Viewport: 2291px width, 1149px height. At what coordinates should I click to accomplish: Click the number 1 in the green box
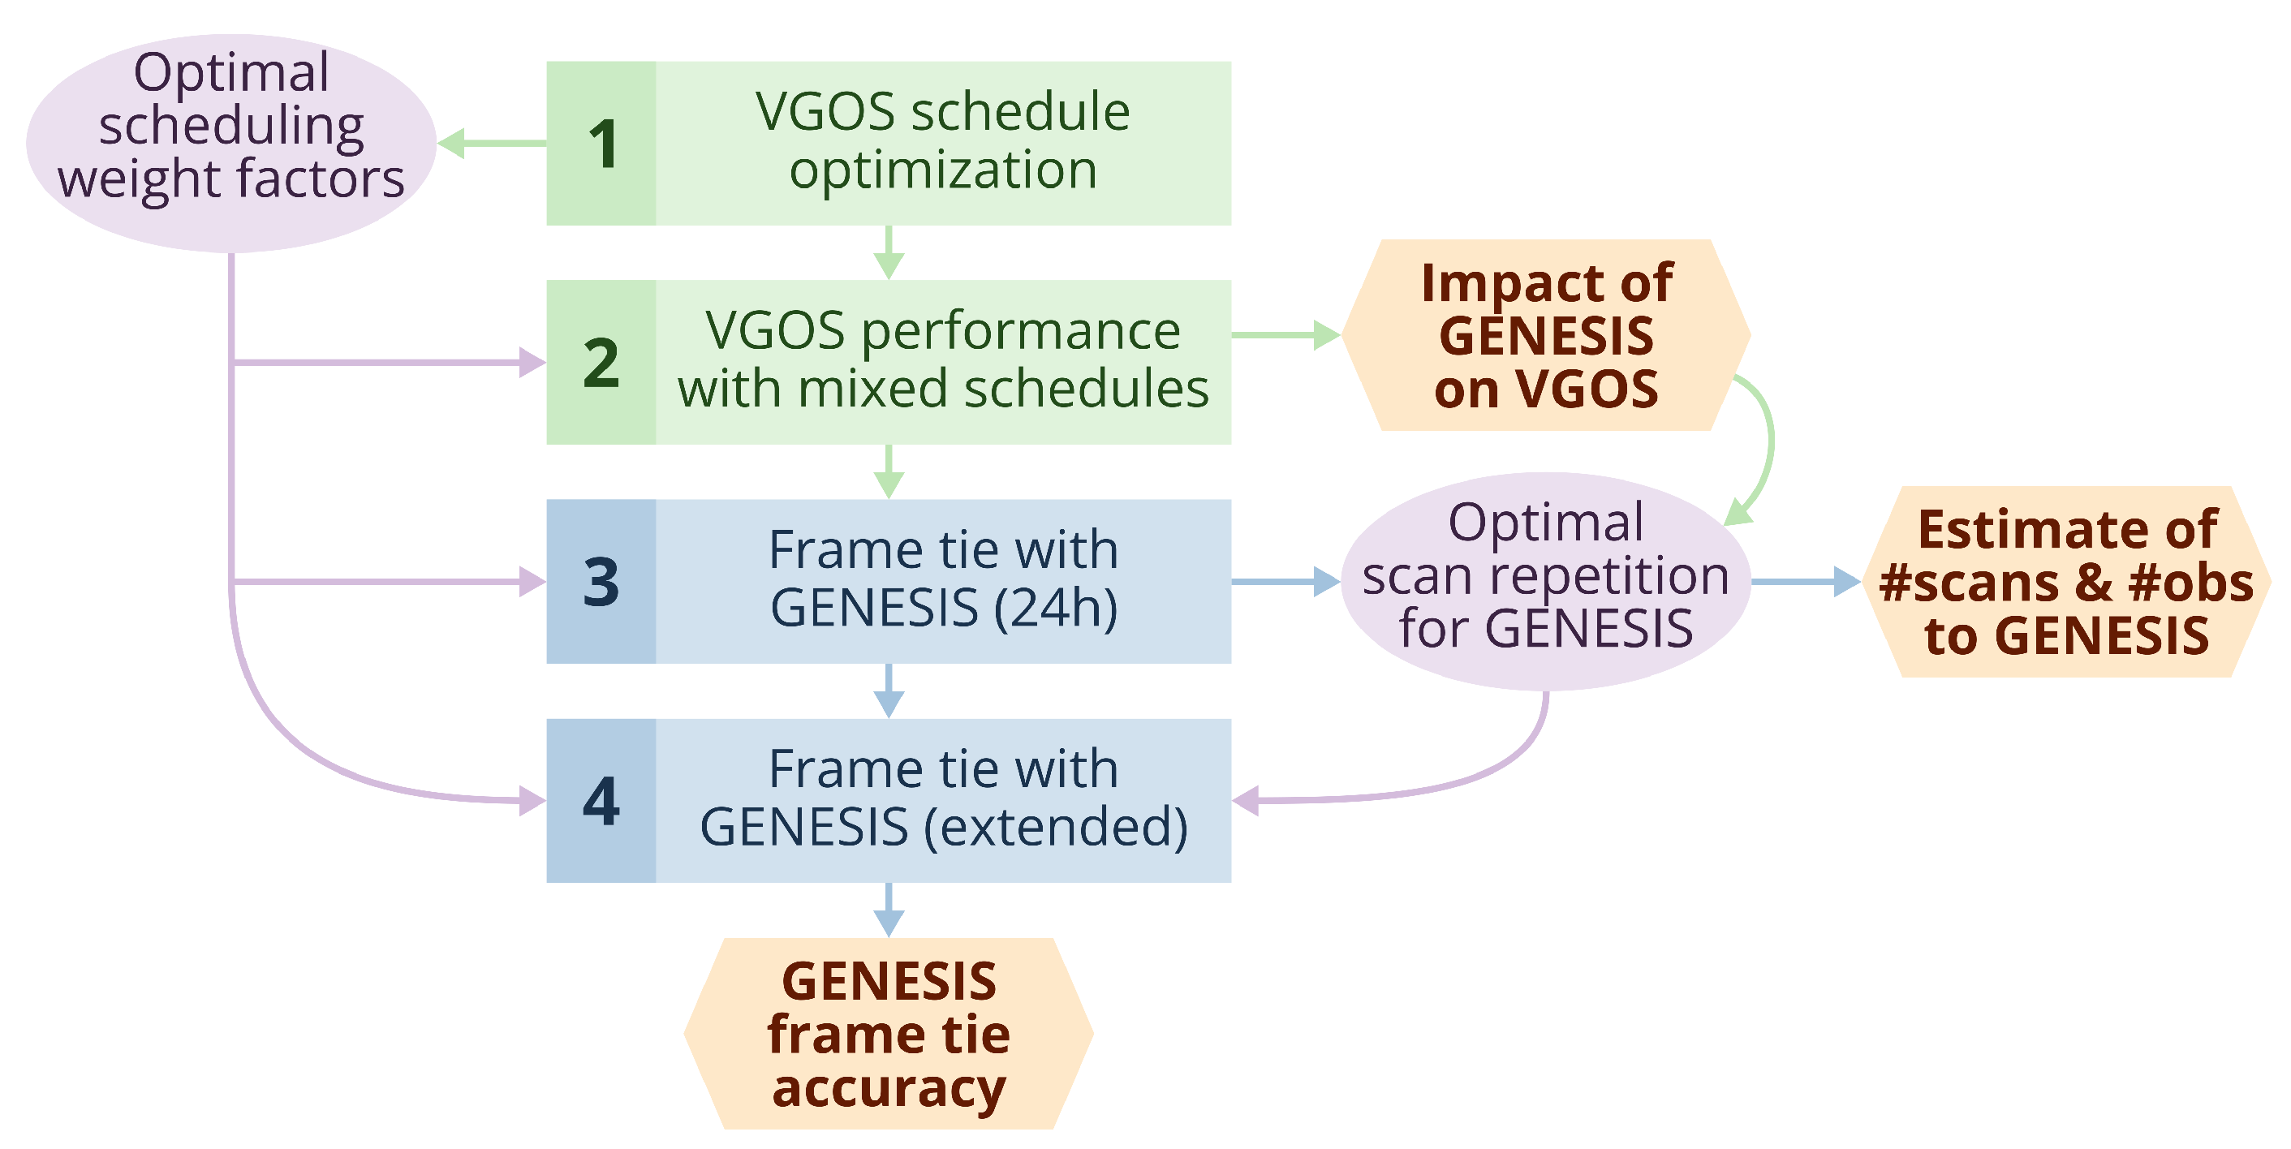click(x=603, y=144)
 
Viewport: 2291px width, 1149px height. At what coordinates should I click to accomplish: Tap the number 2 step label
click(x=601, y=363)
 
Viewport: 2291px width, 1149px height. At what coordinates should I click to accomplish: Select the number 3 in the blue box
click(x=601, y=583)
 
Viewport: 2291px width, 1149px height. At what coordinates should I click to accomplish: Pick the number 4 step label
click(x=601, y=801)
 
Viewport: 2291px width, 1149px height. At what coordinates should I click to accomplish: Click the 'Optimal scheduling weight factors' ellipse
click(x=231, y=142)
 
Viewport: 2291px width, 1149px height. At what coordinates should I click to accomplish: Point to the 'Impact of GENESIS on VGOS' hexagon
click(x=1546, y=335)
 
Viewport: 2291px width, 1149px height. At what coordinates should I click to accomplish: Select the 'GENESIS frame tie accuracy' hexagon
click(x=889, y=1034)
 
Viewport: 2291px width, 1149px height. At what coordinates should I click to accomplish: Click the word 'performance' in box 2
click(x=1020, y=331)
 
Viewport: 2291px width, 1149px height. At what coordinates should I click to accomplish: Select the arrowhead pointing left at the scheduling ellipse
click(x=452, y=143)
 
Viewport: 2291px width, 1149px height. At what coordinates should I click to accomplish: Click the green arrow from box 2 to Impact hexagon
click(x=1285, y=335)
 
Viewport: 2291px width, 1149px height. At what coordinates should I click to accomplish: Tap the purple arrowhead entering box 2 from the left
click(x=532, y=363)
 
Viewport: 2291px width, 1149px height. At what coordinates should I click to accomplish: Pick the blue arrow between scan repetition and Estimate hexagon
click(x=1806, y=583)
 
